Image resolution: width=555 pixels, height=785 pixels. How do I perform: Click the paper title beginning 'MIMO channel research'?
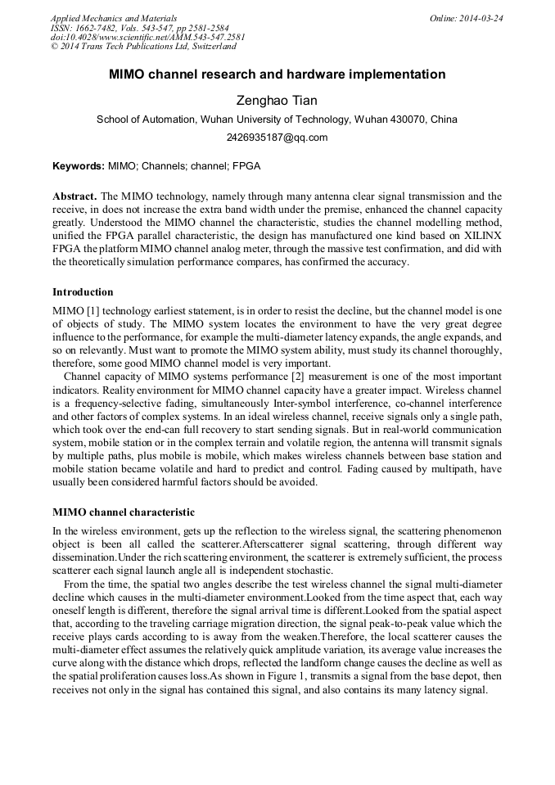(277, 74)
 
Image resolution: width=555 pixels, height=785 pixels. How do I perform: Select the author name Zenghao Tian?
(277, 101)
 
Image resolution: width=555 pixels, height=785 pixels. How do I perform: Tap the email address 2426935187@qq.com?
(277, 138)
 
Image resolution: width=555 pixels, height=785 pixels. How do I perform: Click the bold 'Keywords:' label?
(78, 165)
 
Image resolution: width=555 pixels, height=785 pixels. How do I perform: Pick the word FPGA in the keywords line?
(246, 165)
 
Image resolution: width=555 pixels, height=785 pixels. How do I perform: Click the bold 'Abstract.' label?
(74, 197)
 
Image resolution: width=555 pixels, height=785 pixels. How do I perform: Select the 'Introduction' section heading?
(83, 292)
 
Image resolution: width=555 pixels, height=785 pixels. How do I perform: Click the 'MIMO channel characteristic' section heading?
(124, 512)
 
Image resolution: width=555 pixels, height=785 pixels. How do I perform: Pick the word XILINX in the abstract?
(482, 237)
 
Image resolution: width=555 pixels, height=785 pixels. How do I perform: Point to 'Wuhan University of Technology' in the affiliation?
(275, 120)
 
